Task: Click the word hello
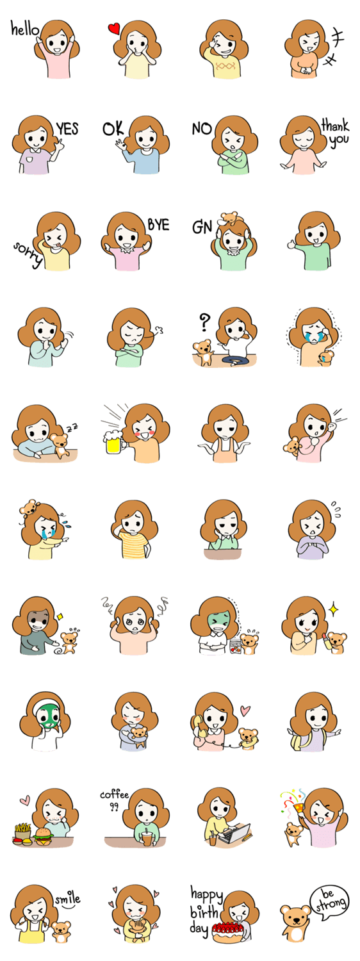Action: tap(24, 29)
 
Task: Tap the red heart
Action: tap(114, 29)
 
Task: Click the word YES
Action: tap(67, 128)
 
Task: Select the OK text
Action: tap(113, 128)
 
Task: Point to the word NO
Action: tap(202, 128)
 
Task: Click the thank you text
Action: tap(336, 133)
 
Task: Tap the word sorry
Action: tap(28, 254)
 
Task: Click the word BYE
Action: tap(158, 225)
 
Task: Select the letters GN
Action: tap(202, 227)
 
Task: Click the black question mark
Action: tap(205, 322)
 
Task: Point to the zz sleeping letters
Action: tap(72, 427)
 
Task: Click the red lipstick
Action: tap(324, 642)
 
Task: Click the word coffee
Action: tap(115, 794)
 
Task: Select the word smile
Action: tap(67, 898)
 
